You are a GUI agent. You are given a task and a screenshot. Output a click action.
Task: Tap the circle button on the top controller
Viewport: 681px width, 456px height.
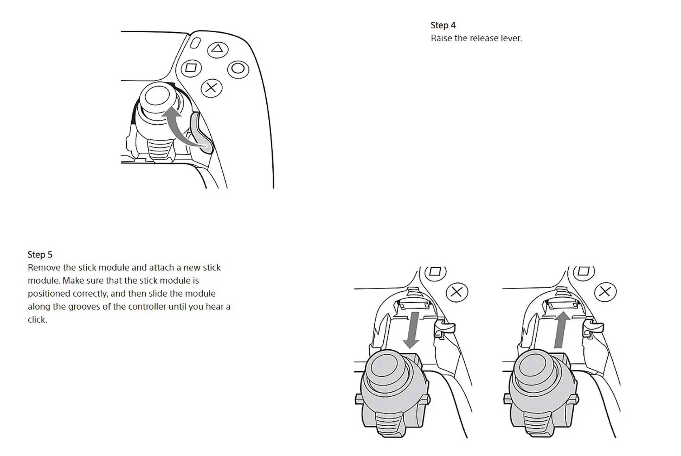238,69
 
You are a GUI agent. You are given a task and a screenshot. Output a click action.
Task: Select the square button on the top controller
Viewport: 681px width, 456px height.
191,68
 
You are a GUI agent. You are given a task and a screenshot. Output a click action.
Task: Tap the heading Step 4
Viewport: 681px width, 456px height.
443,25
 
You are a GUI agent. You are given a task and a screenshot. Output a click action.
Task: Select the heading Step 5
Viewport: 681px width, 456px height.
40,255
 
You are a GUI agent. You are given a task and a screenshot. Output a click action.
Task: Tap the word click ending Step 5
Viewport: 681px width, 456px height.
37,320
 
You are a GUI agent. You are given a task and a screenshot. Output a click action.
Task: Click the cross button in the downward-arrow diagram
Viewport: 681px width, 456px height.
457,292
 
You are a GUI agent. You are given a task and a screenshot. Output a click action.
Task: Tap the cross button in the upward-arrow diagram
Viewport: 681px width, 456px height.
605,292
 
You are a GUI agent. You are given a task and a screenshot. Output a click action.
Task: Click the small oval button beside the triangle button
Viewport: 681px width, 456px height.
195,43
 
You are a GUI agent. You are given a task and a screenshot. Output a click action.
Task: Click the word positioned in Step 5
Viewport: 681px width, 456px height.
49,294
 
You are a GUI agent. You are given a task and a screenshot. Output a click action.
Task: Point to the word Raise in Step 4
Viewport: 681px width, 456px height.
441,38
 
